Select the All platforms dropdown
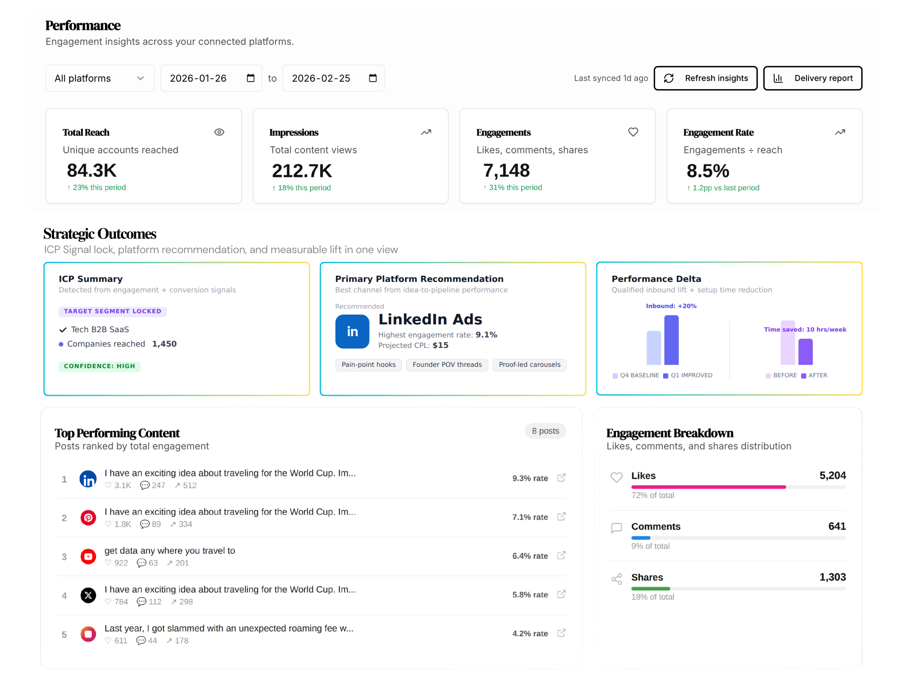point(100,78)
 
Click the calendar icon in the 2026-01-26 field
point(251,78)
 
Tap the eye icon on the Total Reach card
point(219,132)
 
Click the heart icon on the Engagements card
point(633,132)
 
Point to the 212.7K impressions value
point(302,171)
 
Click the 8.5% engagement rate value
point(708,171)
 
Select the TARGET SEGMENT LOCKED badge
point(112,312)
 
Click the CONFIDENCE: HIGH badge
point(99,366)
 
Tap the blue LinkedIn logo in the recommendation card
point(352,331)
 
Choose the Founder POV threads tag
point(447,364)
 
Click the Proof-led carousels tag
point(529,364)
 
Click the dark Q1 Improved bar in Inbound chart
point(671,340)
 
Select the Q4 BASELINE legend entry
point(636,375)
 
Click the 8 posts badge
point(545,431)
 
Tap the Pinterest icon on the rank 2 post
point(88,518)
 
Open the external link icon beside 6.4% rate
point(561,555)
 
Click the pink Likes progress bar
point(708,487)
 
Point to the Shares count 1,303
point(832,577)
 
